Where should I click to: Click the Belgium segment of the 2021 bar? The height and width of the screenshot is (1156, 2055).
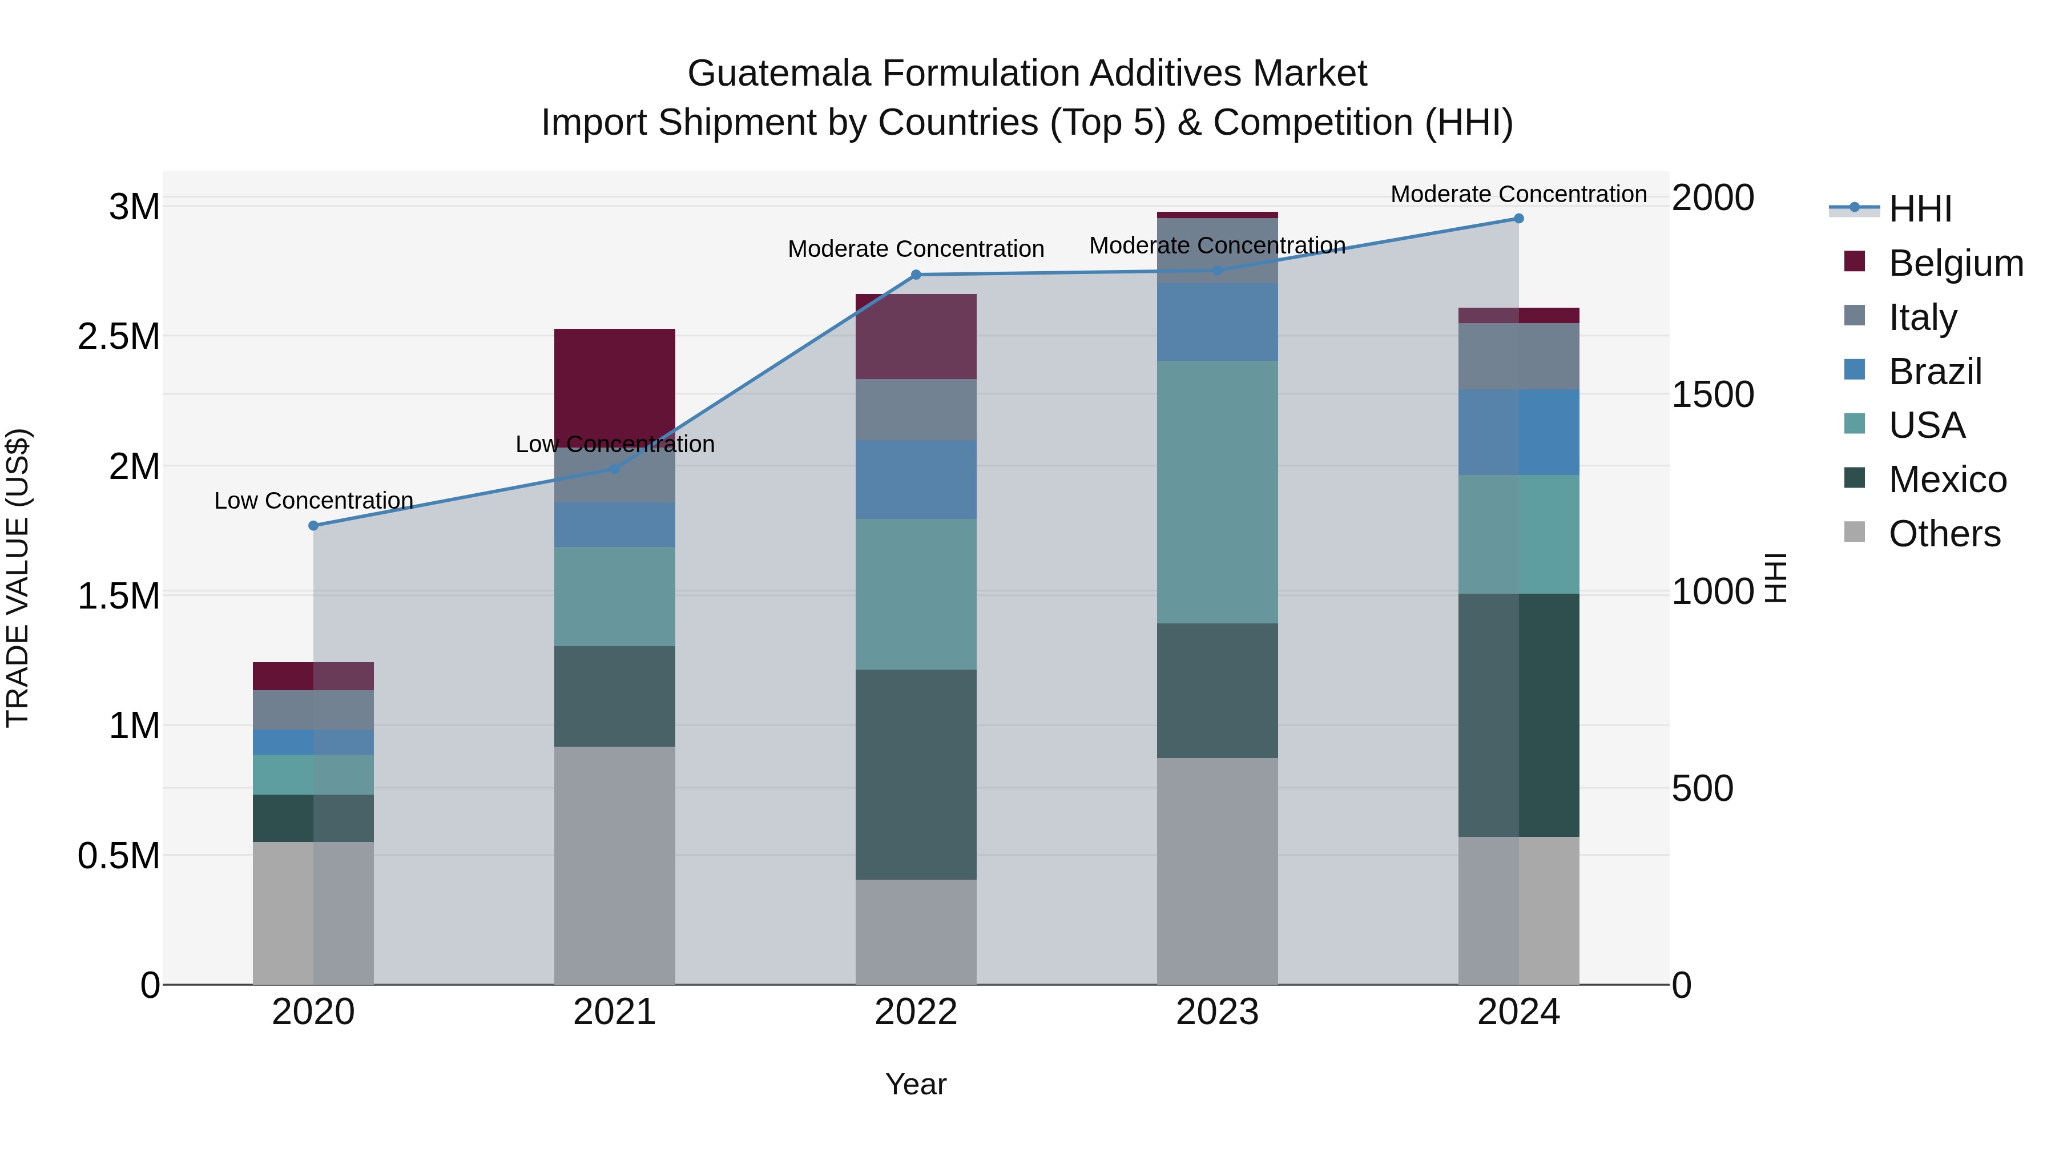(614, 383)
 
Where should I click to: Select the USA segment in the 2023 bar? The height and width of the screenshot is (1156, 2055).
(1218, 492)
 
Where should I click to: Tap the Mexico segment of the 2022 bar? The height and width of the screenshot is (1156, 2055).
(916, 774)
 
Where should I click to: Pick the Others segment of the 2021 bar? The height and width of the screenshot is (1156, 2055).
(614, 865)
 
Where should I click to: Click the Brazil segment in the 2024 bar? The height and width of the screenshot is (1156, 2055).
(1518, 432)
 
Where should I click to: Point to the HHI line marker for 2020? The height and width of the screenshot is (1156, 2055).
(313, 526)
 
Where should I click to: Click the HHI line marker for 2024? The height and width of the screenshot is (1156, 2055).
(1518, 219)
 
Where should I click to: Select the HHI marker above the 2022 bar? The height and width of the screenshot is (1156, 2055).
(916, 275)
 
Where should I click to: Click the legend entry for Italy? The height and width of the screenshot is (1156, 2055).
(1923, 317)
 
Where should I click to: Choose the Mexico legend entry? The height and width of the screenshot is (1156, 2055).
(1947, 480)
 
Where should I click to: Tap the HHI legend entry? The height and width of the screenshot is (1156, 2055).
(1919, 209)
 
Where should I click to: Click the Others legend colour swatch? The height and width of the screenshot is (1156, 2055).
(1855, 532)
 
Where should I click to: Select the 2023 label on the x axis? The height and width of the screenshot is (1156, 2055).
(1218, 1012)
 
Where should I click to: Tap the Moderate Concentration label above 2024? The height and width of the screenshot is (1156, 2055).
(1518, 194)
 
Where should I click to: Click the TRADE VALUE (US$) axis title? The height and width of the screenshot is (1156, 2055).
(18, 578)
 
